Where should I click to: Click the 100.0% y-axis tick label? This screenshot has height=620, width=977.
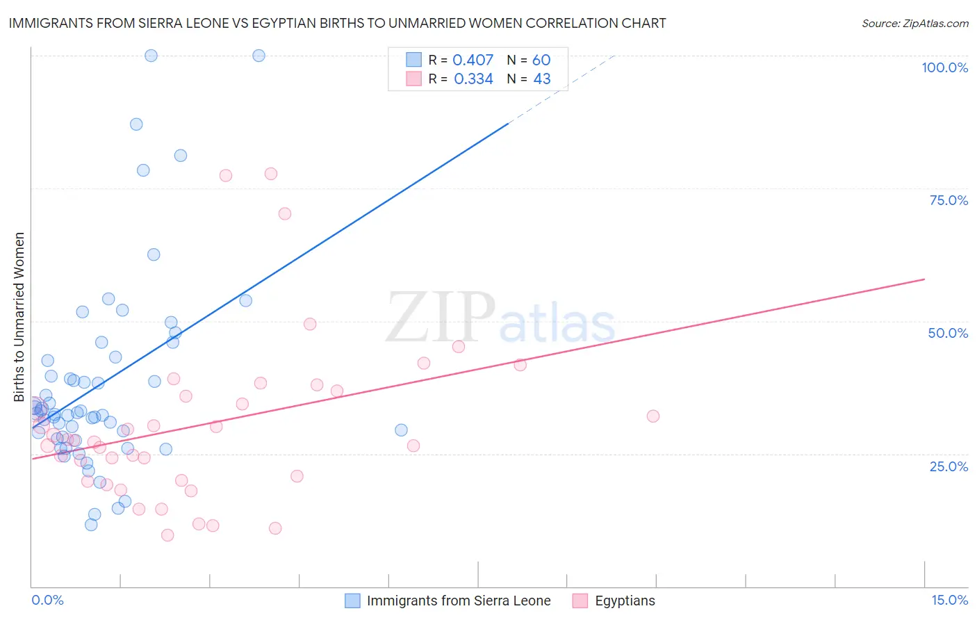[x=944, y=67]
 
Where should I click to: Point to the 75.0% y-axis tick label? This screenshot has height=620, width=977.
[x=949, y=200]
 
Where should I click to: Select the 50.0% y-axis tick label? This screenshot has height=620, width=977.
[x=948, y=333]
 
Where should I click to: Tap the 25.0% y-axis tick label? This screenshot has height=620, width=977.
[x=949, y=466]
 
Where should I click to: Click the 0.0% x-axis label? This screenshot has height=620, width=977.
[x=47, y=600]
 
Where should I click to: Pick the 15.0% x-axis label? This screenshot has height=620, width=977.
[x=949, y=600]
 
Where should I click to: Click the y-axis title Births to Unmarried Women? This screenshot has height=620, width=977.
[x=19, y=317]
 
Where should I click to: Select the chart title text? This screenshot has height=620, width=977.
[x=337, y=23]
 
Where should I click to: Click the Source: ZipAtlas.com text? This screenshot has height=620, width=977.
[x=914, y=23]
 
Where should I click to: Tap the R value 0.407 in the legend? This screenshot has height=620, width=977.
[x=473, y=60]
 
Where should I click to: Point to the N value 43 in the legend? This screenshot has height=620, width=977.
[x=541, y=79]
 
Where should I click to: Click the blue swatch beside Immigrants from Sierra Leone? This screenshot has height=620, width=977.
[x=352, y=601]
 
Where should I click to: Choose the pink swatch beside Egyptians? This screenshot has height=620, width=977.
[x=580, y=601]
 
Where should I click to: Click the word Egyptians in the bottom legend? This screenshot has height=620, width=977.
[x=625, y=601]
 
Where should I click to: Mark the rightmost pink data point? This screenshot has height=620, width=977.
[x=652, y=416]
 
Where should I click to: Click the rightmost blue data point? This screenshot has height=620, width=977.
[x=401, y=430]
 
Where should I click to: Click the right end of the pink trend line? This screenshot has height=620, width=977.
[x=923, y=279]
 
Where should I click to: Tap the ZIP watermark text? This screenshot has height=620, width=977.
[x=441, y=317]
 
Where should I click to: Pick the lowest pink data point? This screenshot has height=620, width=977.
[x=167, y=535]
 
